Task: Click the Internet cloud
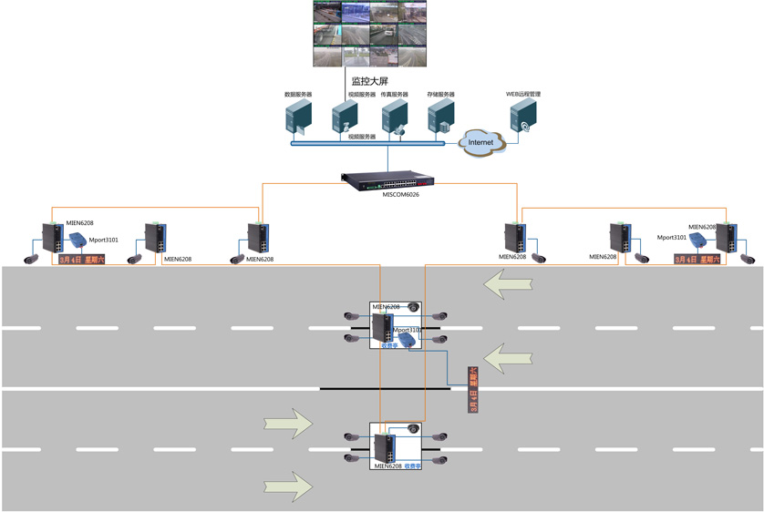pyautogui.click(x=480, y=142)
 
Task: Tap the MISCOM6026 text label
pyautogui.click(x=400, y=194)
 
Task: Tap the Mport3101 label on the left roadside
pyautogui.click(x=103, y=241)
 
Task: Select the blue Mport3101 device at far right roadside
pyautogui.click(x=698, y=241)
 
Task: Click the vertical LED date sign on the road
pyautogui.click(x=471, y=390)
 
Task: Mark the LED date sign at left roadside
pyautogui.click(x=82, y=260)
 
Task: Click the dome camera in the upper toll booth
pyautogui.click(x=413, y=308)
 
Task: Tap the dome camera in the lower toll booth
pyautogui.click(x=413, y=429)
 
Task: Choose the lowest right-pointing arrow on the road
pyautogui.click(x=288, y=480)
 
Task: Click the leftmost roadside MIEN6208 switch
pyautogui.click(x=52, y=237)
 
